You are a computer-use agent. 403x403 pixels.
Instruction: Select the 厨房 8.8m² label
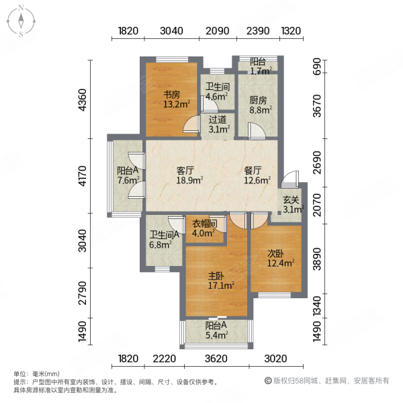point(258,105)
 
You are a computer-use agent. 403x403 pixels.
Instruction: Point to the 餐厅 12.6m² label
point(257,175)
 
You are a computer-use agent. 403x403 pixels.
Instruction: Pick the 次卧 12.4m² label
point(280,259)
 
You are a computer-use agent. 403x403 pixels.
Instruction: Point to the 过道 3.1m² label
point(217,125)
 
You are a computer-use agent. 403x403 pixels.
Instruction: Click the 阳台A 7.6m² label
point(128,175)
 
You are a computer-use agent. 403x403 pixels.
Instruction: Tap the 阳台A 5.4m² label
point(216,330)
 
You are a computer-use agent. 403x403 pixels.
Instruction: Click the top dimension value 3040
point(171,31)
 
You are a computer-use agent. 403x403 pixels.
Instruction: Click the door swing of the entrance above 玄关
point(289,179)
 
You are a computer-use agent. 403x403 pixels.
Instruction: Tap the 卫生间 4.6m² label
point(216,91)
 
